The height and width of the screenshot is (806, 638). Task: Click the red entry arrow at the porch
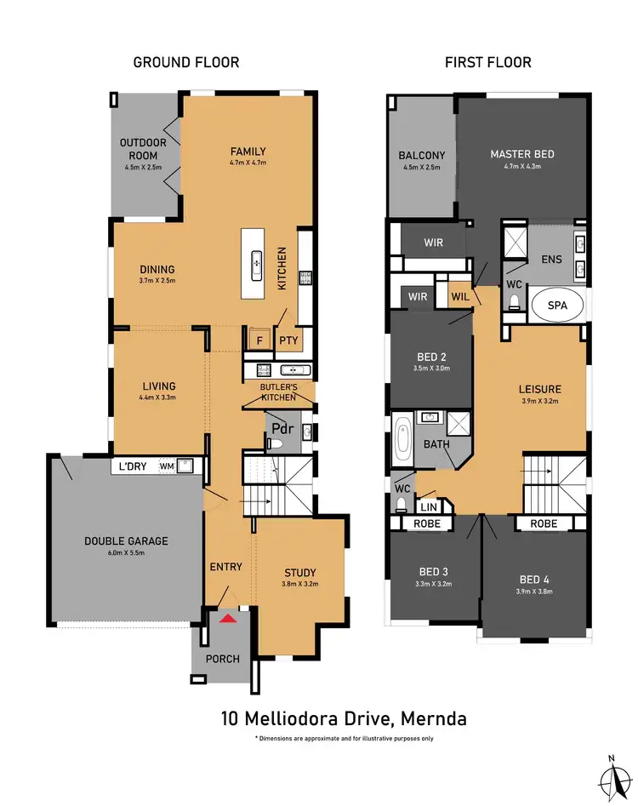click(x=227, y=618)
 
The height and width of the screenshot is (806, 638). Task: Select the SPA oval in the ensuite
click(x=558, y=304)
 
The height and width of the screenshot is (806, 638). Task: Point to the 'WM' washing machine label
click(x=167, y=466)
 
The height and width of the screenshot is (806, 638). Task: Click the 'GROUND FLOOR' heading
click(x=186, y=62)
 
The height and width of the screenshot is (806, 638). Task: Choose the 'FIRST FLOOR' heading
click(x=489, y=62)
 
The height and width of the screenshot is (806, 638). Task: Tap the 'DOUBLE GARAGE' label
click(x=126, y=540)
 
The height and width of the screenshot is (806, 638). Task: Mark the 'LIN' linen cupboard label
click(x=428, y=506)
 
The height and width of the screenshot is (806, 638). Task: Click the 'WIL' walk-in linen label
click(x=460, y=297)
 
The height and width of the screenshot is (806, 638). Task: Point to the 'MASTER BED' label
click(x=522, y=154)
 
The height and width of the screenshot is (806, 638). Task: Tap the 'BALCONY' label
click(x=422, y=155)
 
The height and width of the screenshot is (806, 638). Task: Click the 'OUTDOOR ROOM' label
click(x=144, y=149)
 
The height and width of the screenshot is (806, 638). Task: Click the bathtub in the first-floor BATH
click(x=402, y=440)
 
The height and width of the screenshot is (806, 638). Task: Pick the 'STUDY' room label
click(x=299, y=573)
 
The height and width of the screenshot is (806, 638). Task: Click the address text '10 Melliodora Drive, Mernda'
click(x=343, y=718)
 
